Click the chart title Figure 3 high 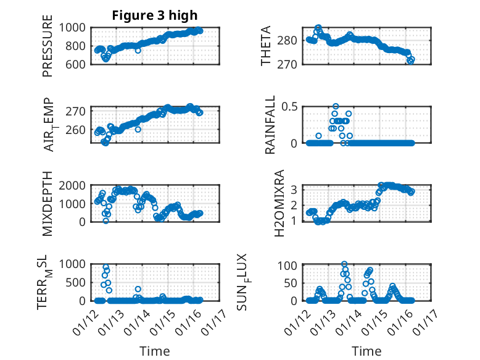click(x=155, y=15)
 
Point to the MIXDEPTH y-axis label click(x=48, y=204)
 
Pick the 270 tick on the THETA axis click(x=292, y=64)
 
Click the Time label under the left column click(x=155, y=351)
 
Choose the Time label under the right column click(x=367, y=351)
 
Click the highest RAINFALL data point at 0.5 click(x=336, y=106)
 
